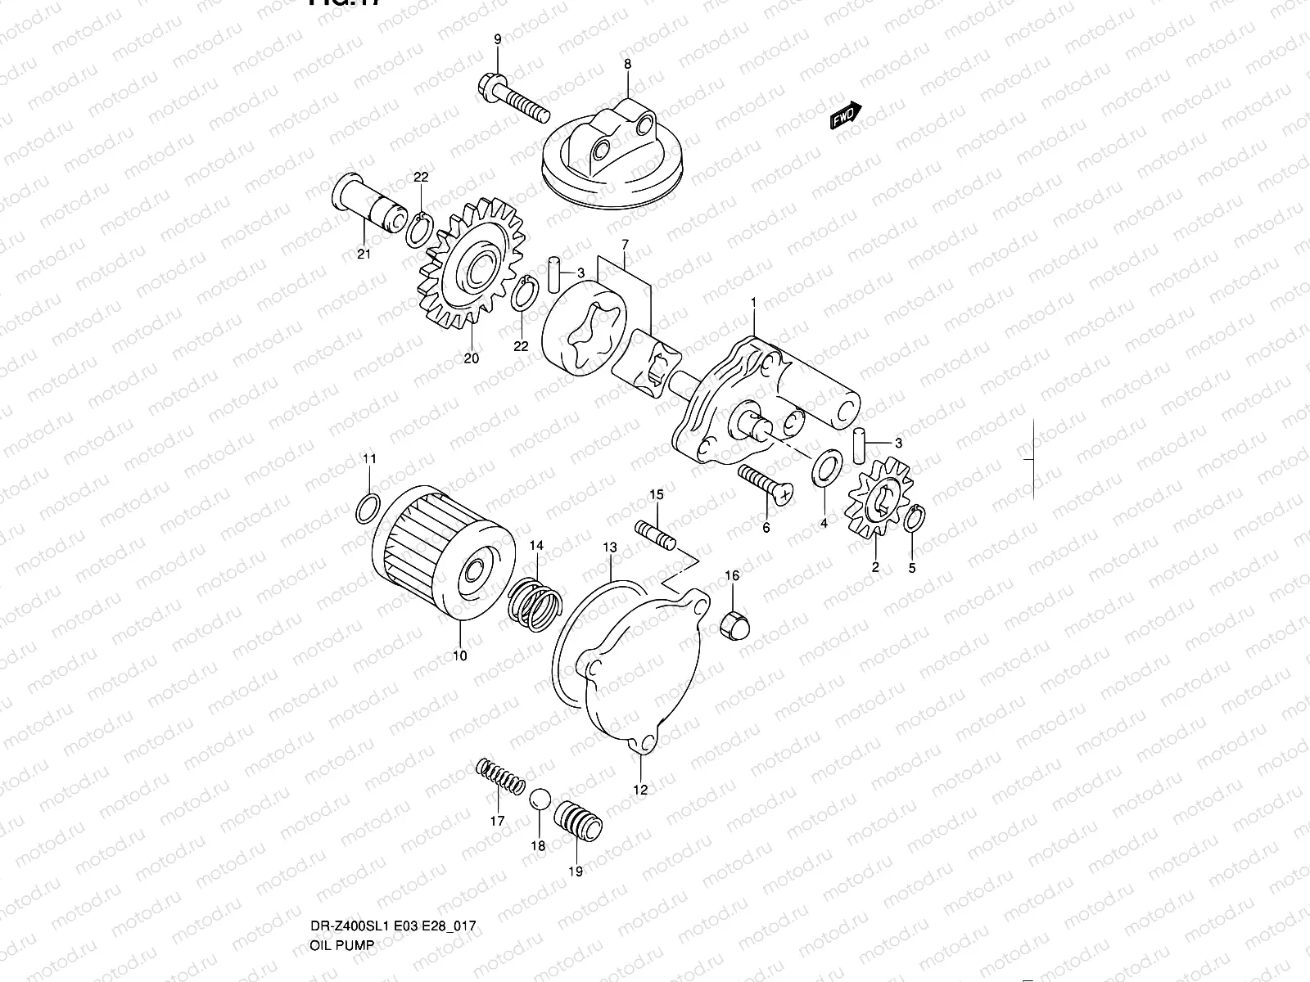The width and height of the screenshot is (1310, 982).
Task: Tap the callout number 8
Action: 627,64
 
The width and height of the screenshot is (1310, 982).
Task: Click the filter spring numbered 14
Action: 534,604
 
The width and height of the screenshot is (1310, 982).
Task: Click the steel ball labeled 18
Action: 538,800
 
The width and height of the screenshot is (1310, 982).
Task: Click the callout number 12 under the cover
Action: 639,790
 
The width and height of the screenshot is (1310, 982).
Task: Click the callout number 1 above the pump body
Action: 752,303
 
